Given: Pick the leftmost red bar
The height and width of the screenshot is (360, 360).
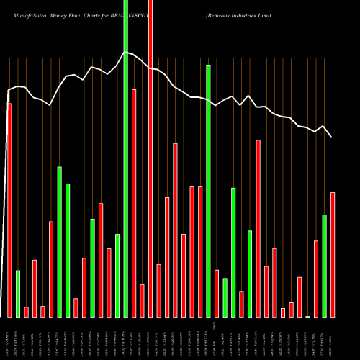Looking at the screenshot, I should [9, 210].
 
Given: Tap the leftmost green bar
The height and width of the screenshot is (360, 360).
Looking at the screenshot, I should [18, 293].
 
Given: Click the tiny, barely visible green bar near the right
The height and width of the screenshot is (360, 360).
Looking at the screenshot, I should [308, 316].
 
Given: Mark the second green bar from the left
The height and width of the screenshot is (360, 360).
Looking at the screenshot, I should [60, 241].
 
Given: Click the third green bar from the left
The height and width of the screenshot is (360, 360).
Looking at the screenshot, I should [68, 250].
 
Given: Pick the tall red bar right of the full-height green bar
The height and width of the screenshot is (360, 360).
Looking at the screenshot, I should [134, 202].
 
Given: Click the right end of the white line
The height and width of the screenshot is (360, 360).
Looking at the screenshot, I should [332, 137].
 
